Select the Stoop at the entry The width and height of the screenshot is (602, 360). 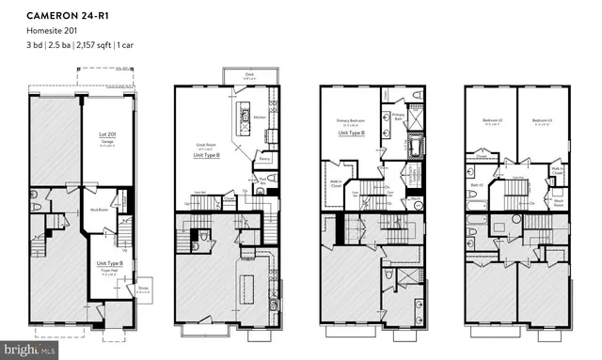pyautogui.click(x=142, y=289)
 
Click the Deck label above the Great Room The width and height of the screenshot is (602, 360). pyautogui.click(x=249, y=76)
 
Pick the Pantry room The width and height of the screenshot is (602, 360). pyautogui.click(x=264, y=160)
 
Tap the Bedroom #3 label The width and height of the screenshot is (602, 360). pyautogui.click(x=541, y=120)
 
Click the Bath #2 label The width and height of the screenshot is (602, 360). pyautogui.click(x=476, y=183)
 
